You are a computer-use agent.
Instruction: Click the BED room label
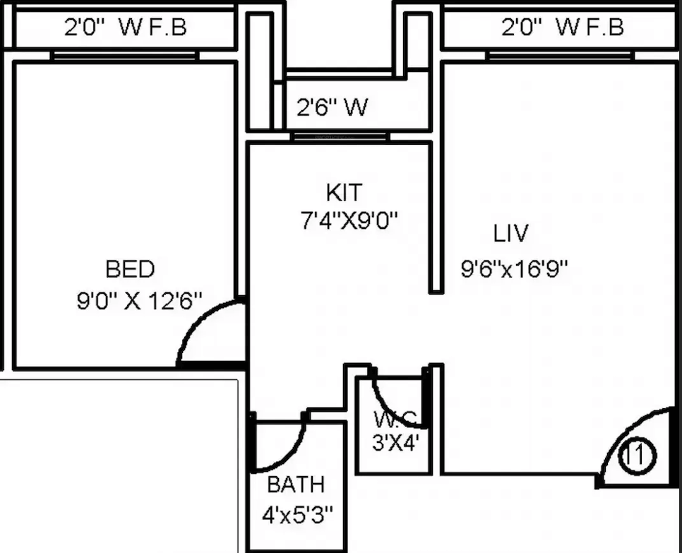coord(130,269)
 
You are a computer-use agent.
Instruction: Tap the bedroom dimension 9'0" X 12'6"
coord(140,301)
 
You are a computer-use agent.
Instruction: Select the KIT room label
coord(344,193)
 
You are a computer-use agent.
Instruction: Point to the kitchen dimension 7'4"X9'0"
coord(349,220)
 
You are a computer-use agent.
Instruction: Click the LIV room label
coord(511,233)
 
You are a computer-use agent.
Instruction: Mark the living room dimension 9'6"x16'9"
coord(514,268)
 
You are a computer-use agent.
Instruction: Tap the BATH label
coord(296,484)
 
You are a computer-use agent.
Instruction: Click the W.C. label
coord(395,419)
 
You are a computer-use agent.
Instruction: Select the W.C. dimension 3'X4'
coord(395,444)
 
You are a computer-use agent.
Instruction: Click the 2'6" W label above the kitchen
coord(333,107)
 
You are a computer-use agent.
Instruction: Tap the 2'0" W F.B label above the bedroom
coord(126,27)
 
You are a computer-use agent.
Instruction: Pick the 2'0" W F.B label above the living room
coord(563,27)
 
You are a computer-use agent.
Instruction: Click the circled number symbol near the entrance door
coord(638,456)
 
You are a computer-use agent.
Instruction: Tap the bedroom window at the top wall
coord(125,56)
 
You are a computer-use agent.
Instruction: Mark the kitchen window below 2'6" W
coord(340,136)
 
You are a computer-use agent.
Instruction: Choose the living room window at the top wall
coord(561,56)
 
